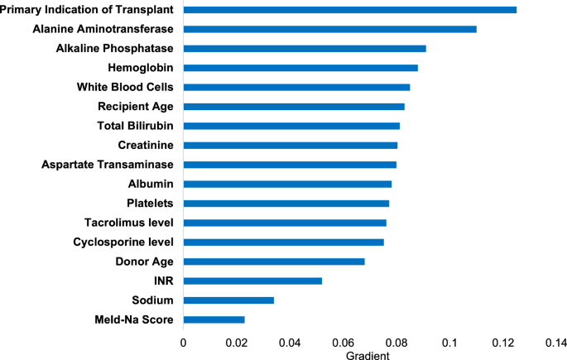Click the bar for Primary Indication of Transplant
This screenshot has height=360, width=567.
tap(349, 10)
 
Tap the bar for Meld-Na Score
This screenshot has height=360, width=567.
tap(214, 319)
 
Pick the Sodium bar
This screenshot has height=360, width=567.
tap(228, 300)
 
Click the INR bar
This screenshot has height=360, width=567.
tap(252, 281)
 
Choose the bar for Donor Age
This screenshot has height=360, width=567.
tap(274, 262)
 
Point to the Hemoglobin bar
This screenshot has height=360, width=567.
tap(300, 68)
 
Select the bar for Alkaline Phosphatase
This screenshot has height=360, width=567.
tap(305, 49)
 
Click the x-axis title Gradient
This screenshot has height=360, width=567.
tap(367, 354)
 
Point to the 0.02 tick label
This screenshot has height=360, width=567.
tap(237, 341)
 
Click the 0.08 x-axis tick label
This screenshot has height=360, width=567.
tap(396, 341)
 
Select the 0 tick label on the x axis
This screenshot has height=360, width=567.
tap(184, 341)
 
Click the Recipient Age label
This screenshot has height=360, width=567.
tap(135, 107)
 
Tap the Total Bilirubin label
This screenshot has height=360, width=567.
tap(136, 126)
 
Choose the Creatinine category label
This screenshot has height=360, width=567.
tap(146, 145)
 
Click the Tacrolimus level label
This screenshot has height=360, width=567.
tap(128, 223)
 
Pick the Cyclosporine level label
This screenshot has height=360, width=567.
tap(123, 242)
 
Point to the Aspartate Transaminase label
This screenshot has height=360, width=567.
tap(107, 165)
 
